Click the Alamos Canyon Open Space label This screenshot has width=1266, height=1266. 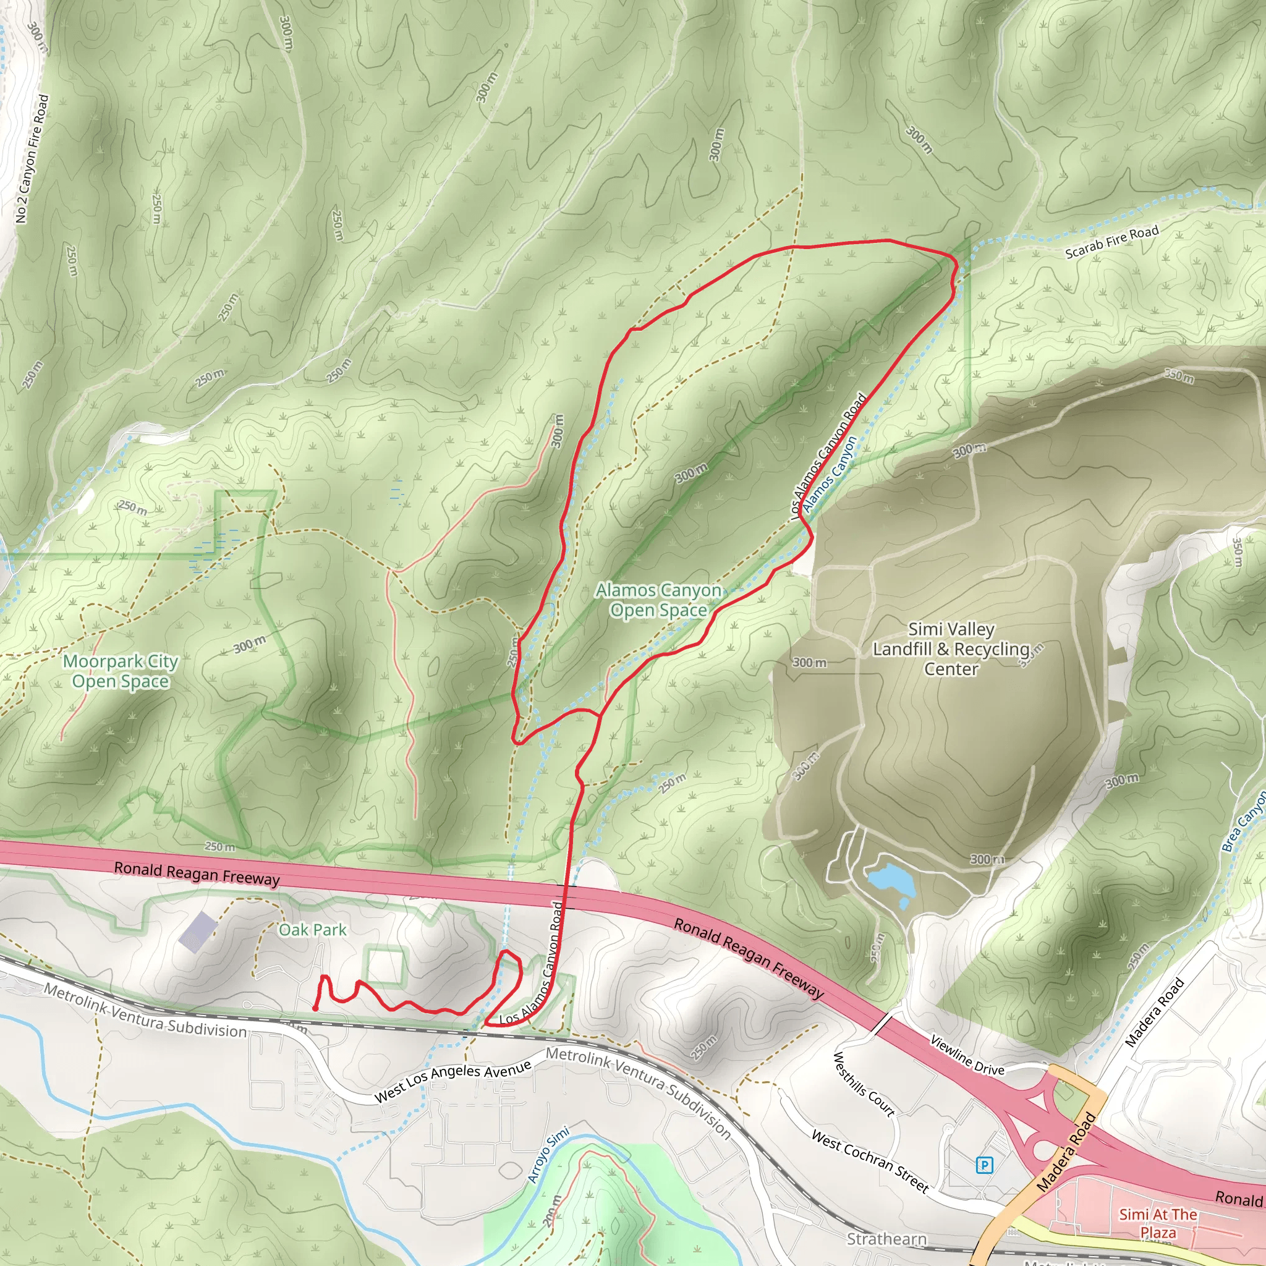coord(658,600)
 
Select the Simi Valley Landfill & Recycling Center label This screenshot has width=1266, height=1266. coord(951,648)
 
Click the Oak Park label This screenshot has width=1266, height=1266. coord(313,930)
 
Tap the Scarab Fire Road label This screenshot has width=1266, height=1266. coord(1111,242)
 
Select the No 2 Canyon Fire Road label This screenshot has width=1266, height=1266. coord(32,159)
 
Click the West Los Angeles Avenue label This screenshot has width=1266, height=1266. coord(452,1081)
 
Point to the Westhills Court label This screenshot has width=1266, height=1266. coord(863,1084)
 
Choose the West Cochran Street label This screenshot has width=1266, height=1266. coord(870,1160)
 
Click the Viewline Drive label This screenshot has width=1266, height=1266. coord(967,1055)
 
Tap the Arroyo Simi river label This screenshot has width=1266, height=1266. coord(548,1155)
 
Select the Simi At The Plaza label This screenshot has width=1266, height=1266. coord(1158,1223)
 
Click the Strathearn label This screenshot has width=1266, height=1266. coord(886,1239)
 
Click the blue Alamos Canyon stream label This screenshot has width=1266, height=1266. coord(830,474)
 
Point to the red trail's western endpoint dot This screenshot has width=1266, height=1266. coord(315,1008)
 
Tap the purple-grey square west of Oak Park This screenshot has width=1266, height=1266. coord(197,931)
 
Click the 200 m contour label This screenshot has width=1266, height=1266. coord(553,1210)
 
